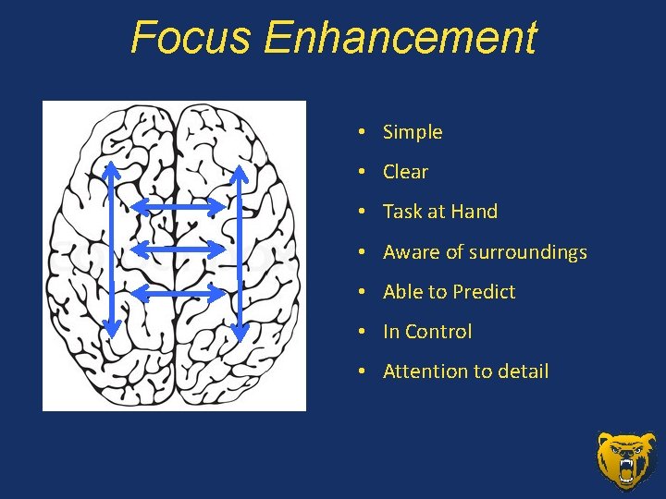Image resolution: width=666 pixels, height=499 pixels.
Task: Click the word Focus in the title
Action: point(191,39)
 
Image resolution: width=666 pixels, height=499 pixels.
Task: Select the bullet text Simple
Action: point(413,132)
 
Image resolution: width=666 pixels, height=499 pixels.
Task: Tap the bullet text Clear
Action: point(405,172)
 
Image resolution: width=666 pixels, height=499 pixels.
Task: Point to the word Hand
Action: point(475,212)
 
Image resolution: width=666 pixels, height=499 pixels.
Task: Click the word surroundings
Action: point(528,252)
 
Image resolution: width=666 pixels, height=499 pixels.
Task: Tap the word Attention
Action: point(424,371)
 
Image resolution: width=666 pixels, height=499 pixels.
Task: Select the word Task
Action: point(402,212)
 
